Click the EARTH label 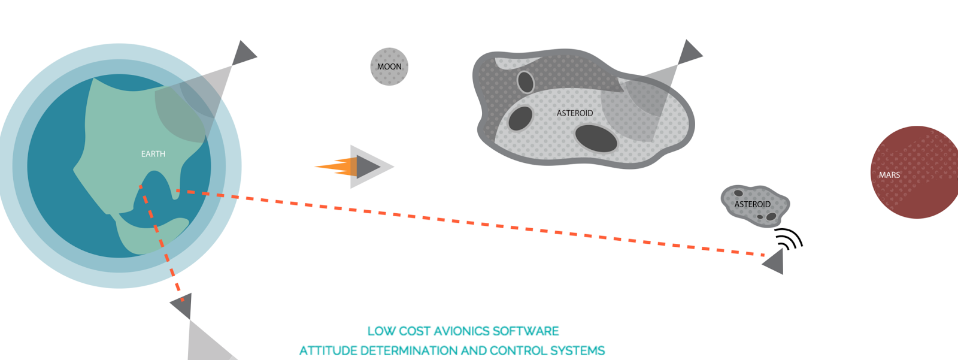pyautogui.click(x=153, y=154)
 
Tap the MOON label pyautogui.click(x=389, y=66)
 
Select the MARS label pyautogui.click(x=890, y=175)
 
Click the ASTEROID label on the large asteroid pyautogui.click(x=575, y=113)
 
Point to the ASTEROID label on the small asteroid pyautogui.click(x=752, y=205)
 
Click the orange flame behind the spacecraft pyautogui.click(x=337, y=167)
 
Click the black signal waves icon pyautogui.click(x=790, y=238)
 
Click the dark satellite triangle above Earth pyautogui.click(x=243, y=53)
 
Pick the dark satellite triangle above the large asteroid pyautogui.click(x=689, y=52)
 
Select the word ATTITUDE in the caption pyautogui.click(x=328, y=351)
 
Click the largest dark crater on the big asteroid pyautogui.click(x=596, y=139)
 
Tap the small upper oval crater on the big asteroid pyautogui.click(x=526, y=81)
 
